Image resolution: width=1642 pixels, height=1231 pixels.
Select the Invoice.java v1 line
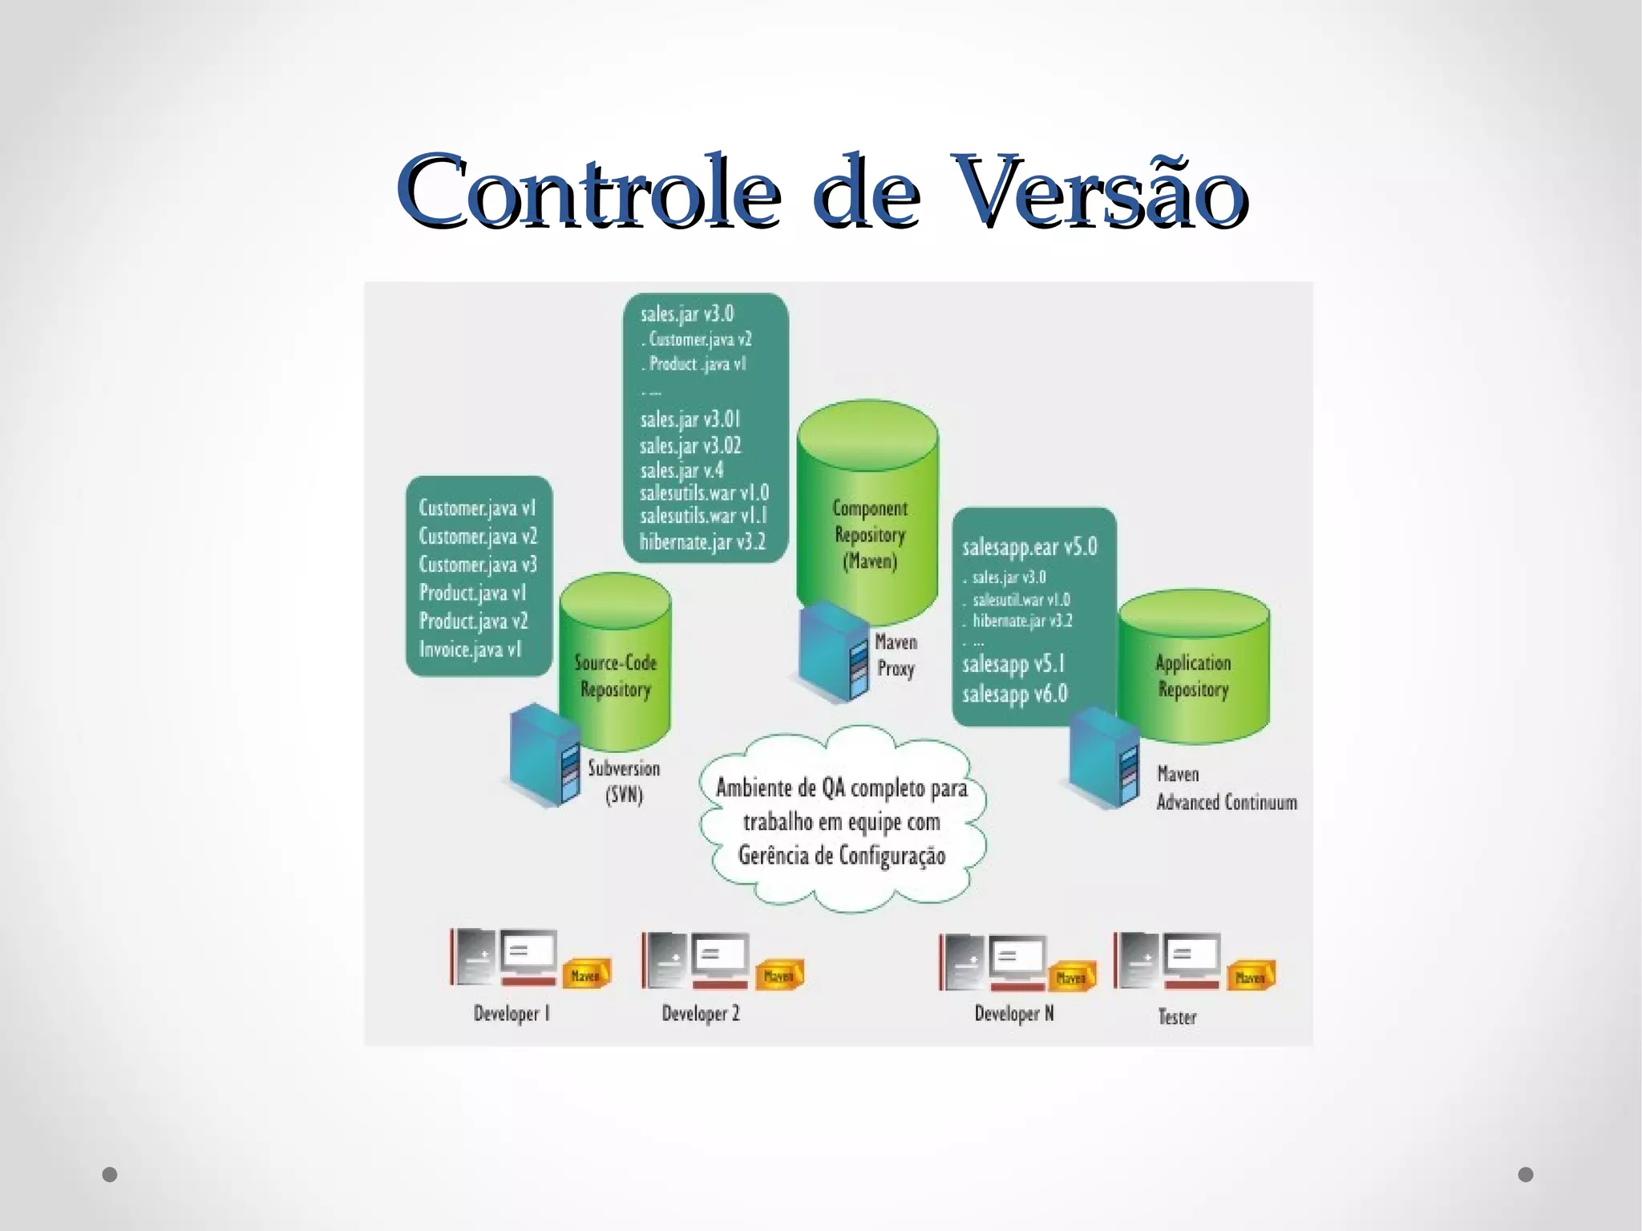click(471, 649)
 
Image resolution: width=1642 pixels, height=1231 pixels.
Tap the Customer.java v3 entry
click(478, 565)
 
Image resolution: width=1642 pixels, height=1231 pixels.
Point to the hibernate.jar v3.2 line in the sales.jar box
click(702, 542)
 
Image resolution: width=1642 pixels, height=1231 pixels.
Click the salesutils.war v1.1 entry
click(703, 516)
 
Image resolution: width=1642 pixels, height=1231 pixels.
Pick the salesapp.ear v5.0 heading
click(1029, 547)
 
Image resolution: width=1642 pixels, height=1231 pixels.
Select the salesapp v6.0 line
click(1015, 694)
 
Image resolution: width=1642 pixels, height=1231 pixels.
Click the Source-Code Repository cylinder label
click(616, 675)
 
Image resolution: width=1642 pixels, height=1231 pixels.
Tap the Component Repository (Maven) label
click(870, 534)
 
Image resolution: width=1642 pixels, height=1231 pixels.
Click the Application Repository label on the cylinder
click(1193, 675)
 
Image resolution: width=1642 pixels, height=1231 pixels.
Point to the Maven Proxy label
click(896, 655)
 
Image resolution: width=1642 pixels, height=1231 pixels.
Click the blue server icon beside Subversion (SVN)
click(545, 755)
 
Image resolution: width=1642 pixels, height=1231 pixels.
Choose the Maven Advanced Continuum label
click(1226, 788)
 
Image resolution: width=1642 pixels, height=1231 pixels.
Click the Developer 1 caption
click(512, 1014)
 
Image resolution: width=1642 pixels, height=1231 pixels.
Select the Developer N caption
click(1014, 1014)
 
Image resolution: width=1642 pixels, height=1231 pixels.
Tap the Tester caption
click(1177, 1017)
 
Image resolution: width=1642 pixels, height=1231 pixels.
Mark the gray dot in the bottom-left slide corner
click(110, 1175)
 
